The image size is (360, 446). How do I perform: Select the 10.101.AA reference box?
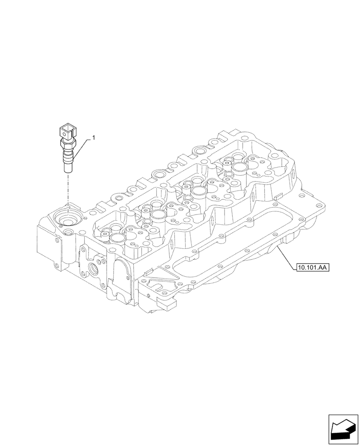(x=311, y=268)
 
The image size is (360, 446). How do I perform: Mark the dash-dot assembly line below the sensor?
(x=68, y=187)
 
